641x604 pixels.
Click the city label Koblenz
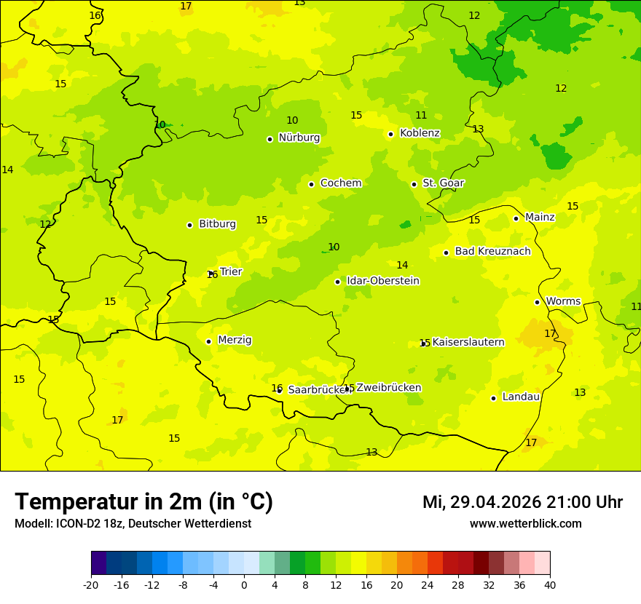point(420,133)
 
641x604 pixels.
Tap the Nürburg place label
point(299,138)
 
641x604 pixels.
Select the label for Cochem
point(340,183)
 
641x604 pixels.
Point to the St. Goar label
point(443,183)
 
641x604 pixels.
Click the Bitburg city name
point(217,224)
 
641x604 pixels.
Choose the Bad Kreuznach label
point(492,252)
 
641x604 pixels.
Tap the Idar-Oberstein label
point(382,281)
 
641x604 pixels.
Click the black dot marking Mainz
point(516,218)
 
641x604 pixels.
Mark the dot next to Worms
point(537,302)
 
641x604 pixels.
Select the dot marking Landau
point(493,398)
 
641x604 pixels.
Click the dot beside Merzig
point(208,341)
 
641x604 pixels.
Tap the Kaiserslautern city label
point(468,342)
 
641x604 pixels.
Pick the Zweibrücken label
point(388,388)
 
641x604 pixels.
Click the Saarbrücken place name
point(319,390)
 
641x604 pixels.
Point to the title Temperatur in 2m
point(143,501)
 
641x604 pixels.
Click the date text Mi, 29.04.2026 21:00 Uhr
point(522,502)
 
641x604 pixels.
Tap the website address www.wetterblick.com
point(525,523)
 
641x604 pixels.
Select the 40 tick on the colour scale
point(550,584)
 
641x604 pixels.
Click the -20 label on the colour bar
point(91,584)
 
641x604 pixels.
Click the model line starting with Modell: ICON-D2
point(133,523)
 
